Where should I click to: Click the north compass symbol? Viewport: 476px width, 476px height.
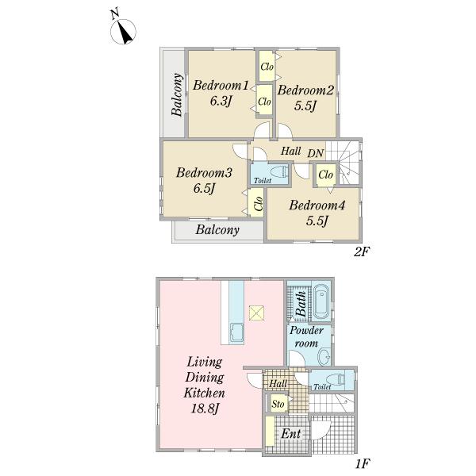coord(123,31)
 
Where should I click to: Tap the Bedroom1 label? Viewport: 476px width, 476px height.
coord(221,86)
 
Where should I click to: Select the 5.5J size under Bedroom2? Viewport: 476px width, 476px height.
coord(305,106)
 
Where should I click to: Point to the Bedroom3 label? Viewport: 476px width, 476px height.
coord(204,173)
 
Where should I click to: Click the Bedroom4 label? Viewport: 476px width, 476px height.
coord(317,205)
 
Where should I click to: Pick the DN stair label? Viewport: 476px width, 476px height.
coord(316,153)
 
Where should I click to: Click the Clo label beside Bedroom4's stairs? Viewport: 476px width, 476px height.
coord(326,175)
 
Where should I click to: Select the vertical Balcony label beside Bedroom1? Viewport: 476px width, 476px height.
coord(177,94)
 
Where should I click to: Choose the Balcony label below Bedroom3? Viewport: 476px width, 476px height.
coord(217,229)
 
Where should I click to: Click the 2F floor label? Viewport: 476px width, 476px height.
coord(362,251)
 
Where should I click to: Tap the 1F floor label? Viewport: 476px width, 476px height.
coord(363,464)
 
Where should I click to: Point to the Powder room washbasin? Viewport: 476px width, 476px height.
coord(324,357)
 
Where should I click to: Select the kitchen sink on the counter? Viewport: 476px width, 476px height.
coord(236,333)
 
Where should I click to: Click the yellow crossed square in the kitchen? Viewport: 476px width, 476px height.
coord(256,313)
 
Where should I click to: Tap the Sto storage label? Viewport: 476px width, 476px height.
coord(278,404)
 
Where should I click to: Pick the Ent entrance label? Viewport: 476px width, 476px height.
coord(291,434)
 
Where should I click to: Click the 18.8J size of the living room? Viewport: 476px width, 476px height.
coord(205,409)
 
